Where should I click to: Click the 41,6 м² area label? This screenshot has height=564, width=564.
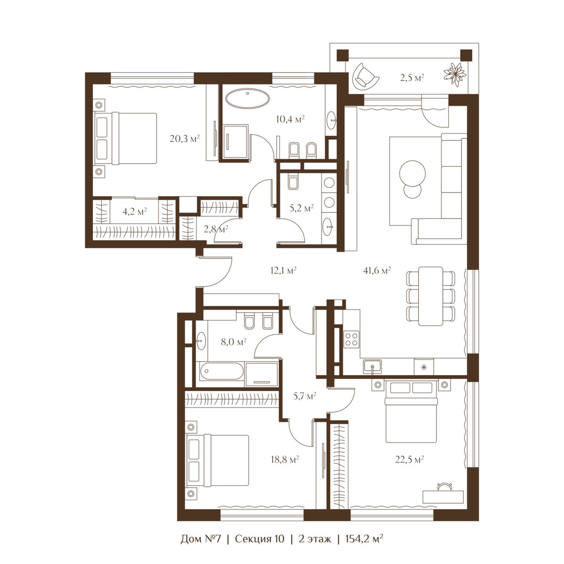click(376, 270)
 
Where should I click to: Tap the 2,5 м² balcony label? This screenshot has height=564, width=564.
click(412, 78)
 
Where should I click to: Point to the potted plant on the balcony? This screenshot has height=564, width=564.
click(454, 75)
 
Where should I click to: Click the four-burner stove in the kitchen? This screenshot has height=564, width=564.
click(352, 339)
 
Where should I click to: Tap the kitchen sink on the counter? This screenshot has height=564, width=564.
click(372, 367)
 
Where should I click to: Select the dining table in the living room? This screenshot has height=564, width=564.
click(431, 296)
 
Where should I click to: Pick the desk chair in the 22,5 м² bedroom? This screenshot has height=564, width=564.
click(444, 486)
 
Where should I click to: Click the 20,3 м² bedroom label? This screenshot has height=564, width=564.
click(185, 138)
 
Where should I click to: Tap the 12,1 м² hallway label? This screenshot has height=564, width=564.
click(283, 270)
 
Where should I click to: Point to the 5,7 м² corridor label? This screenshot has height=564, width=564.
click(305, 396)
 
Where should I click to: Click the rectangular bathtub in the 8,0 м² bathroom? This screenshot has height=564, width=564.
click(221, 371)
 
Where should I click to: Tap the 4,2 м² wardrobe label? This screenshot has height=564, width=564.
click(134, 211)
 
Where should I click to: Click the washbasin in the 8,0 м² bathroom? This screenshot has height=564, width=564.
click(201, 340)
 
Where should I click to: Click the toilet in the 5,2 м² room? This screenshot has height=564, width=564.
click(293, 181)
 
